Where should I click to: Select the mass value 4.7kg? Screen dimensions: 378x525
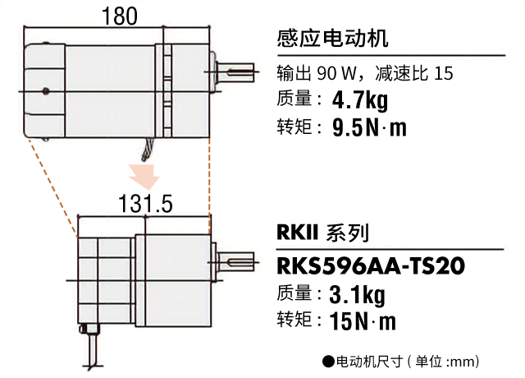pyautogui.click(x=359, y=101)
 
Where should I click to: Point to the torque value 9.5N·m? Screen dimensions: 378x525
pyautogui.click(x=369, y=128)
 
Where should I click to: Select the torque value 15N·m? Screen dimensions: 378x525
pyautogui.click(x=363, y=320)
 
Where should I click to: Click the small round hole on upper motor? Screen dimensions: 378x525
pyautogui.click(x=45, y=90)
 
